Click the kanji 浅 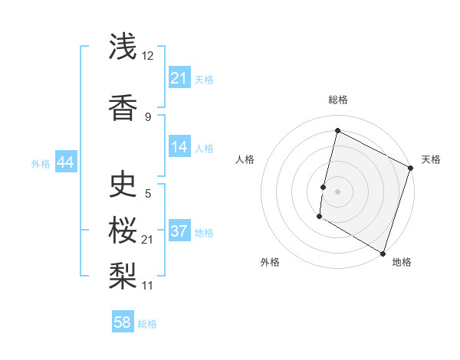(123, 47)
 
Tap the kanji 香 (123, 108)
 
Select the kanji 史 (123, 185)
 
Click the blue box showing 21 (179, 78)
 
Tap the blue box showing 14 (179, 147)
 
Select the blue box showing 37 (179, 231)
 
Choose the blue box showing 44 (65, 162)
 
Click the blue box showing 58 (123, 322)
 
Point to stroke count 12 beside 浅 (148, 56)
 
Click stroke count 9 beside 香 (148, 116)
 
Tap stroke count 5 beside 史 (148, 194)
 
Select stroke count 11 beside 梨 (148, 286)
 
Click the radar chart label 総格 (337, 100)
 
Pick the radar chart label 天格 (431, 159)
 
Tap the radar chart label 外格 (270, 262)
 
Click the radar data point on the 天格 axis (411, 168)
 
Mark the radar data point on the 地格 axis (383, 253)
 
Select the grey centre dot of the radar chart (337, 191)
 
